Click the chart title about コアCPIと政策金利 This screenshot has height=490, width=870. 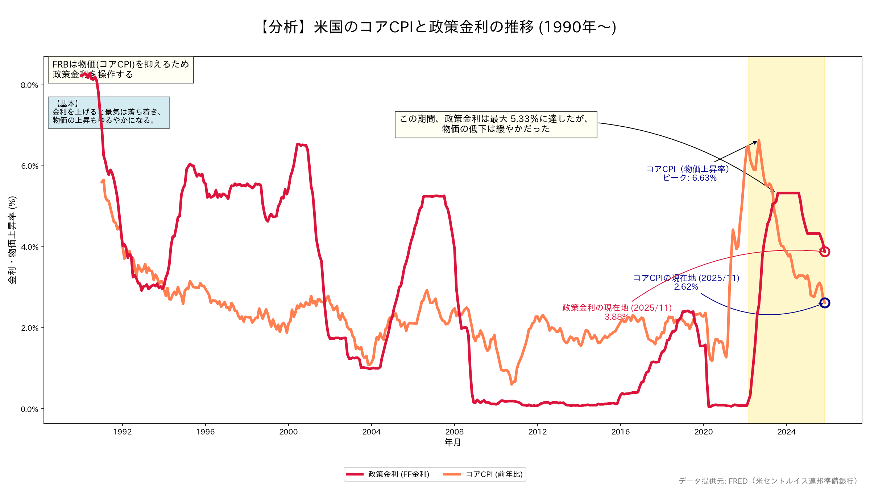point(438,27)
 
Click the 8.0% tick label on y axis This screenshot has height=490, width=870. point(29,85)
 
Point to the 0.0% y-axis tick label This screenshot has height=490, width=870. point(29,409)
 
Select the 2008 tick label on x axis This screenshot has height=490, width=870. point(454,432)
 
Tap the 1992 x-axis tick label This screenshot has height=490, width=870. point(123,432)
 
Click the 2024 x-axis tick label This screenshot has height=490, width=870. point(786,432)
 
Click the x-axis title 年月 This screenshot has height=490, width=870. point(452,442)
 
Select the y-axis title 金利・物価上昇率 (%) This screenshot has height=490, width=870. point(12,240)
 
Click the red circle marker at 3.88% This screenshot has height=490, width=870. point(825,252)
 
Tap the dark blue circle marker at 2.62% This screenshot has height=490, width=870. point(825,303)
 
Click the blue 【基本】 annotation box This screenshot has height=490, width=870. point(108,113)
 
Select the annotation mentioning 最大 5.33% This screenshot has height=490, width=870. point(496,124)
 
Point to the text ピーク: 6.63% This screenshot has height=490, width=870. point(689,178)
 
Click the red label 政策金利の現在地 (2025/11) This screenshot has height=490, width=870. point(617,308)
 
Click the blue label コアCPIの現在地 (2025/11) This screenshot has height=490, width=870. point(686,278)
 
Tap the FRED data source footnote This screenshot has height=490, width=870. point(768,481)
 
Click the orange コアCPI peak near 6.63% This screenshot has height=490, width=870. point(759,141)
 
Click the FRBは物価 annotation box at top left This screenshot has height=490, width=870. point(121,69)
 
